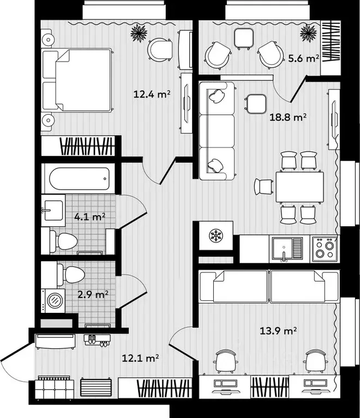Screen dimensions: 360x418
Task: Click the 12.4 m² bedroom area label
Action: tap(152, 94)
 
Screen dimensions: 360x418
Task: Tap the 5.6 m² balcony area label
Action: tap(304, 58)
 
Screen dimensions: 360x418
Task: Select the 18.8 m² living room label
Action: tap(287, 117)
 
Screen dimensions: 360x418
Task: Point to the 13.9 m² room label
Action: tap(278, 331)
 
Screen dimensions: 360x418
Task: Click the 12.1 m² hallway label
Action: tap(140, 358)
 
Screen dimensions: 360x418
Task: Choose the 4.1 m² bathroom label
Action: tap(89, 217)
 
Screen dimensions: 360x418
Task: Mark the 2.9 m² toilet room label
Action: tap(93, 295)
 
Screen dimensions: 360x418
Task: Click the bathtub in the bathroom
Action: tap(80, 178)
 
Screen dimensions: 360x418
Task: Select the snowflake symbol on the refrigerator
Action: tap(216, 235)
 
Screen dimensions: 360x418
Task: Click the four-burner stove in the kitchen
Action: tap(325, 249)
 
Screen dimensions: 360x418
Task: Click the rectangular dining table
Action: tap(299, 187)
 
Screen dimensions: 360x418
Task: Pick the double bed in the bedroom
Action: tap(77, 80)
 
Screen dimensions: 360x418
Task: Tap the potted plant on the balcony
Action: tap(309, 33)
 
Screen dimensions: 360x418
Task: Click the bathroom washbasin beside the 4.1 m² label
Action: tap(53, 210)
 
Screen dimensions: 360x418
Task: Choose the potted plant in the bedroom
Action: tap(139, 33)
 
